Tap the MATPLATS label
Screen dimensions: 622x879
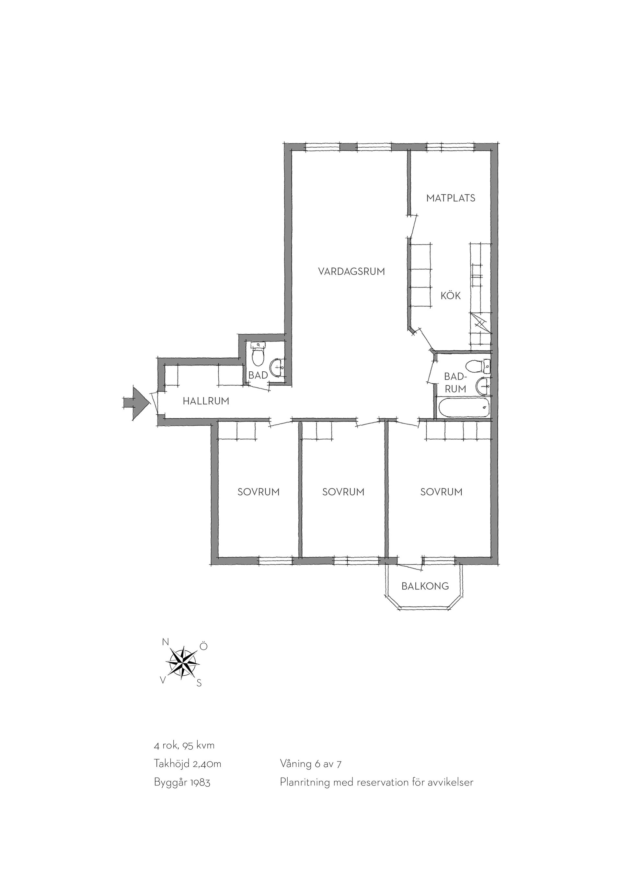click(451, 198)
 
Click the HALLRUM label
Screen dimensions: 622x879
click(206, 401)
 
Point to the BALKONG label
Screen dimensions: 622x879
click(425, 586)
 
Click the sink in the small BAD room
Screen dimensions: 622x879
click(277, 368)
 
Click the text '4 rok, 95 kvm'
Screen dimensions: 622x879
click(184, 745)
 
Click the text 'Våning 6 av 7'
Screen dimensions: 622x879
click(311, 764)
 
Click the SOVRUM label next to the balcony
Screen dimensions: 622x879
click(441, 492)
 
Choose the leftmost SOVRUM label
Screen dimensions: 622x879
click(259, 492)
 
